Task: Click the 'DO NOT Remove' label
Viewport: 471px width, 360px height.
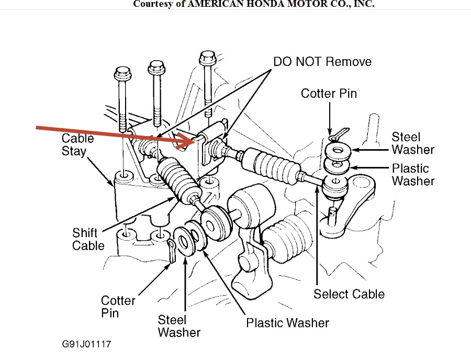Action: pyautogui.click(x=322, y=62)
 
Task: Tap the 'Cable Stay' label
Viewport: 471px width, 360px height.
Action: pyautogui.click(x=77, y=145)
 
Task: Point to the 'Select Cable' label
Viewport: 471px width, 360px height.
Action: pyautogui.click(x=349, y=294)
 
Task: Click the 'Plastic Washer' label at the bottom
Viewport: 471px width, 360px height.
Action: pyautogui.click(x=287, y=322)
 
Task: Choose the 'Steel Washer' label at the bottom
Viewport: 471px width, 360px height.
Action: pyautogui.click(x=179, y=325)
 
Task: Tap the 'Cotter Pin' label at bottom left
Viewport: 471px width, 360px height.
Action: pyautogui.click(x=118, y=307)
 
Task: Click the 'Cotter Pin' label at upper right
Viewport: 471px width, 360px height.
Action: pyautogui.click(x=329, y=94)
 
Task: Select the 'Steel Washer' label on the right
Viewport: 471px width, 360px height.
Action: pyautogui.click(x=413, y=143)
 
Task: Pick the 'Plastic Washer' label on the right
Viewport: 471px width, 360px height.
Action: pyautogui.click(x=413, y=175)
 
